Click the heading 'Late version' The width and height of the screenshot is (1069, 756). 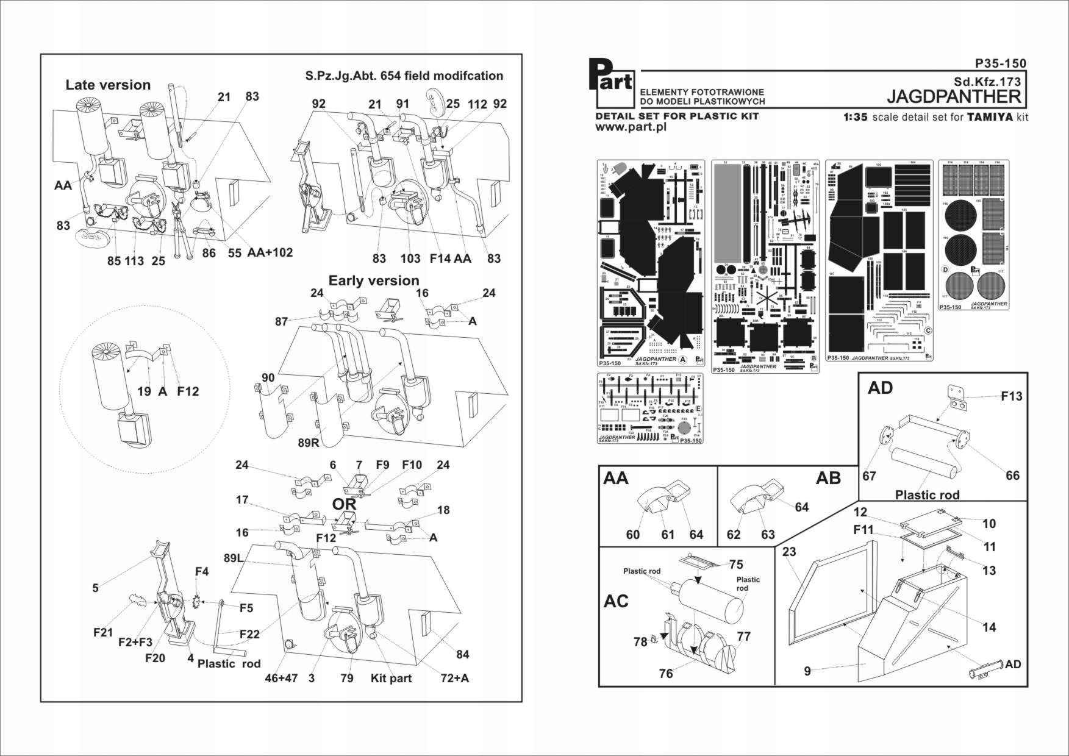108,85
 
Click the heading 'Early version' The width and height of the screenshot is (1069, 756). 374,280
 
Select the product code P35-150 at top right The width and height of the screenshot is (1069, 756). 1000,63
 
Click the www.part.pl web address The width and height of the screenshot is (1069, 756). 631,127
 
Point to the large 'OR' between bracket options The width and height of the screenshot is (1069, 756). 344,505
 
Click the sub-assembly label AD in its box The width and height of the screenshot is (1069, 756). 881,388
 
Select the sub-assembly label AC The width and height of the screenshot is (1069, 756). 616,601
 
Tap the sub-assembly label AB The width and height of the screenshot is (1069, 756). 828,478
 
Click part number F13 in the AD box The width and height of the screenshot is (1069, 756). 1012,396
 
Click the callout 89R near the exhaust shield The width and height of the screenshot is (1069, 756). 309,443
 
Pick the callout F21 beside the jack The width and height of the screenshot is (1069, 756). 103,633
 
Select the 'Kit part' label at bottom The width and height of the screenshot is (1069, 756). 391,679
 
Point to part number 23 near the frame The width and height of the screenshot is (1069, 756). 789,552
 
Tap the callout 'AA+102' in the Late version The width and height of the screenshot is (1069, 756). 270,252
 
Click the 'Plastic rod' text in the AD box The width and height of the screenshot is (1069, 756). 927,495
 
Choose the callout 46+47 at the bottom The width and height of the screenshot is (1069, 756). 281,679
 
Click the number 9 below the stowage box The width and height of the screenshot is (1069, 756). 807,671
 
